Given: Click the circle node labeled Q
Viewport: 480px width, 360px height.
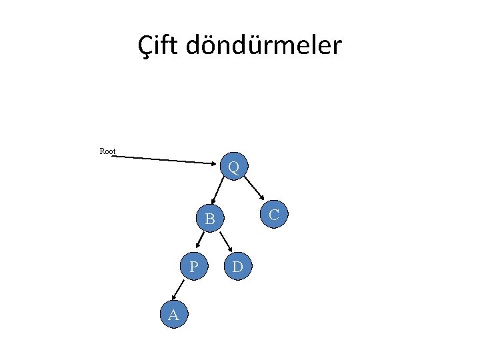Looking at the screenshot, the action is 234,167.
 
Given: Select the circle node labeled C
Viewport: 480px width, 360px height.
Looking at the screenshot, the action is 273,214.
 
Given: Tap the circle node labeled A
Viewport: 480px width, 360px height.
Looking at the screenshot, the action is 174,315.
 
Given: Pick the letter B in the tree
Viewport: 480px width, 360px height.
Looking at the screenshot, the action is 210,219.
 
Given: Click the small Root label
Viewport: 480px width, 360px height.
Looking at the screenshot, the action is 107,151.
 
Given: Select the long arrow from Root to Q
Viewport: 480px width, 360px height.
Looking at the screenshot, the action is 167,159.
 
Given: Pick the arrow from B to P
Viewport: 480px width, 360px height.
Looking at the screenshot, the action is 198,242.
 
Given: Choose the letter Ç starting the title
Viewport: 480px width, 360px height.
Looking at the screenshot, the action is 146,47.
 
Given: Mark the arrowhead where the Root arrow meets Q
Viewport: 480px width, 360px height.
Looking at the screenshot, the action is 218,162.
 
